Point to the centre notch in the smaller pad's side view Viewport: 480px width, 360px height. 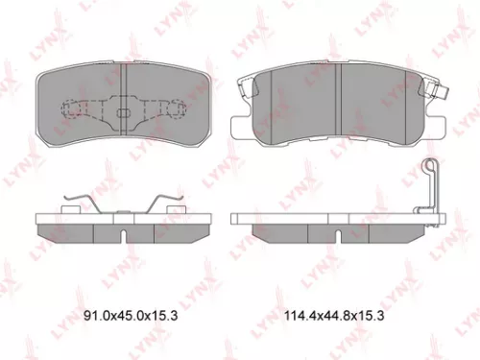point(123,230)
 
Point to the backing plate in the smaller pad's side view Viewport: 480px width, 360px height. point(122,217)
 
